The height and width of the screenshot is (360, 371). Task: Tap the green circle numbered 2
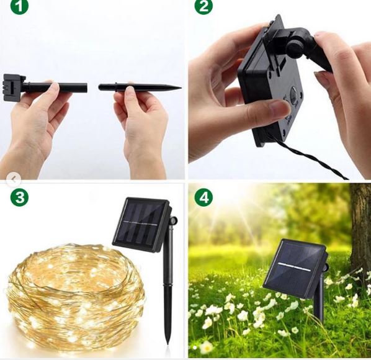click(x=203, y=7)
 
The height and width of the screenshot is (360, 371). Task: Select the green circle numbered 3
click(x=20, y=199)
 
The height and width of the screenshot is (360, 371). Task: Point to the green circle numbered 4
click(x=203, y=198)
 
